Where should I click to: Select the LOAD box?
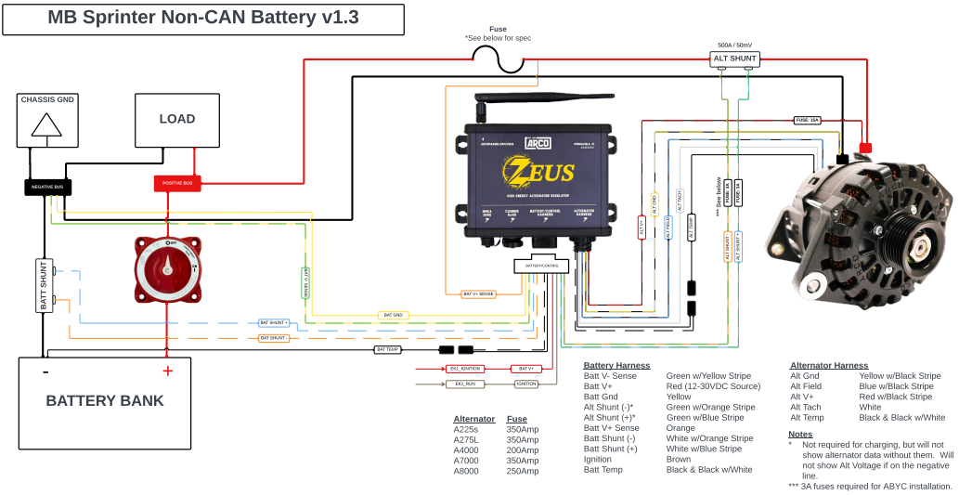click(176, 120)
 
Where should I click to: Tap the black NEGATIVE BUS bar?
click(47, 187)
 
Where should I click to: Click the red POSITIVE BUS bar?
click(177, 184)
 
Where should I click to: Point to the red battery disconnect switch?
click(168, 269)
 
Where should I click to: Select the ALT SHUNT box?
click(735, 59)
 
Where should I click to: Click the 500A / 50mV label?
click(735, 44)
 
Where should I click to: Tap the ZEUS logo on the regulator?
click(538, 171)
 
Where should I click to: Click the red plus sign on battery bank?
click(167, 371)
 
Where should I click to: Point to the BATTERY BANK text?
click(105, 401)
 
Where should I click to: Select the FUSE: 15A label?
click(807, 120)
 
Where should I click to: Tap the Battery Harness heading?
click(616, 366)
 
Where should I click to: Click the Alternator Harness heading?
click(829, 366)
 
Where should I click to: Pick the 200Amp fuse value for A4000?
click(522, 450)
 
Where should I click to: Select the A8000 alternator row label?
click(467, 472)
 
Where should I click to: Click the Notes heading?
click(800, 434)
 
